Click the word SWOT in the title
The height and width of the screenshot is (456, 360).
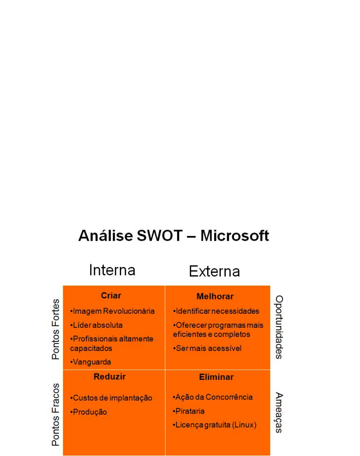159,236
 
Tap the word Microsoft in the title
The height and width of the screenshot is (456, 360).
235,236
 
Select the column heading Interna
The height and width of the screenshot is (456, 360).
112,270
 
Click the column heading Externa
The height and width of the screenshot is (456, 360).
214,271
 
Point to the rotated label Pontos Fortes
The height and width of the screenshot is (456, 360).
56,329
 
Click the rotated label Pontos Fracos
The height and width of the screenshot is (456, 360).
56,414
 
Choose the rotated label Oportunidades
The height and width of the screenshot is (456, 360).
279,327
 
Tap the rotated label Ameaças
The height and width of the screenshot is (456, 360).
279,412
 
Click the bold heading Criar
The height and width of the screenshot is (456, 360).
111,296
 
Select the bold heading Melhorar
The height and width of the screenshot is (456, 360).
215,296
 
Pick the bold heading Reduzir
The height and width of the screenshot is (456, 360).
110,377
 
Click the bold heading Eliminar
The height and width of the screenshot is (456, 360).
216,377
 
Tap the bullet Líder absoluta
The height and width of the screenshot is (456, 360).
96,325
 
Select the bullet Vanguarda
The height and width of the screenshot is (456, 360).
90,362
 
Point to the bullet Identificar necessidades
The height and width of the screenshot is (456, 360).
216,311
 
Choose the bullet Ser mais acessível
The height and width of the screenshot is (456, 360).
207,349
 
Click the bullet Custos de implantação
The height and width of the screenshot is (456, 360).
111,398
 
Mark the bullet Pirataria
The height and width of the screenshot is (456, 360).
188,411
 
